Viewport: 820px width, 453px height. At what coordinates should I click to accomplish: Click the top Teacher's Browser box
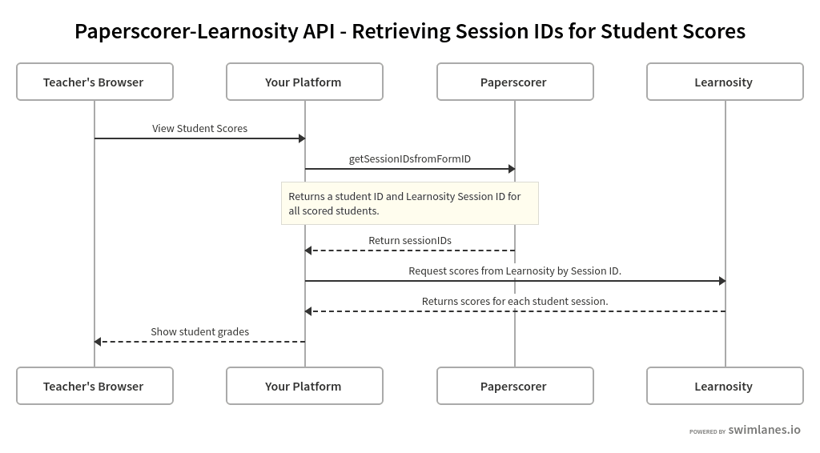point(94,82)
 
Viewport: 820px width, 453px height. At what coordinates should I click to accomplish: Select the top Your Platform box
point(304,82)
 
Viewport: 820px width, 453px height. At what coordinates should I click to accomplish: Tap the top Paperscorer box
point(515,82)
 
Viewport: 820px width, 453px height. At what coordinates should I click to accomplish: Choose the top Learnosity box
point(725,82)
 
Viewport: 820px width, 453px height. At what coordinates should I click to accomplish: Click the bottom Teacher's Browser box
point(94,386)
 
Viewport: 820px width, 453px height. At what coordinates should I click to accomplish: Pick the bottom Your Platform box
point(304,386)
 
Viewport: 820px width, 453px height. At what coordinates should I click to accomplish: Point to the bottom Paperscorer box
point(515,386)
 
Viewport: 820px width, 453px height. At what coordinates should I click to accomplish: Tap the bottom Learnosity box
point(725,386)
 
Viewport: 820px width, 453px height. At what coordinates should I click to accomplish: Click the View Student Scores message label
point(199,128)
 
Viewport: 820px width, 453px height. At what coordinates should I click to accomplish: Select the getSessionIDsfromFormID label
point(409,158)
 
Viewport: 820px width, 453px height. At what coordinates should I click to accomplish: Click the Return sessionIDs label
point(409,240)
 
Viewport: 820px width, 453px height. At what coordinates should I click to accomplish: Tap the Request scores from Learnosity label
point(514,271)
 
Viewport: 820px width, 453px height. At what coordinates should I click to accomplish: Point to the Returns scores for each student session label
point(514,301)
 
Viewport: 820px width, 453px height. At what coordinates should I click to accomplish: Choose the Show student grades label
point(199,331)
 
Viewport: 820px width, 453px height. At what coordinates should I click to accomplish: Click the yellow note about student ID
point(409,203)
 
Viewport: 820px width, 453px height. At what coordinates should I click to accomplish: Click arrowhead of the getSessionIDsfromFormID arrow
point(512,169)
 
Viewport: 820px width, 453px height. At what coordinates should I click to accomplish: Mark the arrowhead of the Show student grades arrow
point(98,342)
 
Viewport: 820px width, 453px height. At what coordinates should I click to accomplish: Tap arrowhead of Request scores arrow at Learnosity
point(722,281)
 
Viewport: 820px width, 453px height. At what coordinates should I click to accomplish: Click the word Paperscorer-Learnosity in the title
point(186,31)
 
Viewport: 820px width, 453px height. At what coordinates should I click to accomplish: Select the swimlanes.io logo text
point(764,430)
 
